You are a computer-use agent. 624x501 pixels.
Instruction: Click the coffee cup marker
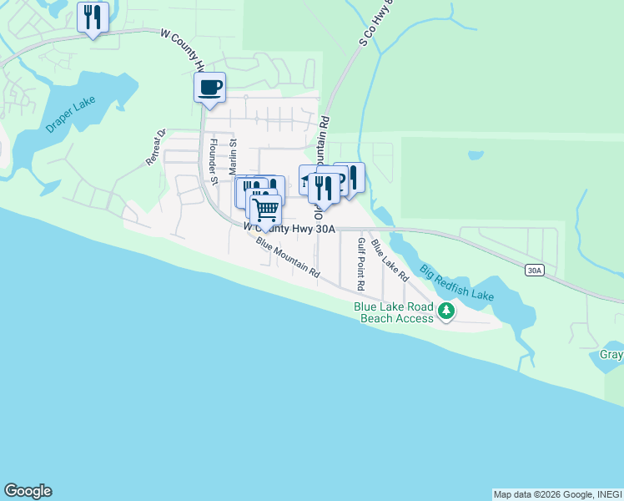click(209, 87)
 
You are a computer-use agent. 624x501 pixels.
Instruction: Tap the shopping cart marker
click(265, 210)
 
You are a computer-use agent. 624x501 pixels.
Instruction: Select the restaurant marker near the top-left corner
click(93, 18)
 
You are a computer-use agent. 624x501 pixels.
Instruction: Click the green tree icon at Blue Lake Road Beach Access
click(447, 311)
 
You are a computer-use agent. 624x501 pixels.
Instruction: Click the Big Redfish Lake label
click(456, 285)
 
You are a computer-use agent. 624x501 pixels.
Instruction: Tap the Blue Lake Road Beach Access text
click(394, 312)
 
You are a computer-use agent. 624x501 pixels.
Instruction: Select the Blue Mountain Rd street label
click(288, 259)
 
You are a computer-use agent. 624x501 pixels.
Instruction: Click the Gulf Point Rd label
click(360, 263)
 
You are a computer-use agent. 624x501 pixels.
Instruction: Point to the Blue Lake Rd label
click(390, 260)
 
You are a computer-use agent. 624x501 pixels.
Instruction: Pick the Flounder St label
click(214, 161)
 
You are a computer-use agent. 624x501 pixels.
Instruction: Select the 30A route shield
click(535, 270)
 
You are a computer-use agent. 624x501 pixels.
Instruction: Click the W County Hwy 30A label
click(289, 227)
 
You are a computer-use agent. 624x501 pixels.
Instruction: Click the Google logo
click(28, 491)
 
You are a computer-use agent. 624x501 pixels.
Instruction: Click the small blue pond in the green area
click(476, 155)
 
